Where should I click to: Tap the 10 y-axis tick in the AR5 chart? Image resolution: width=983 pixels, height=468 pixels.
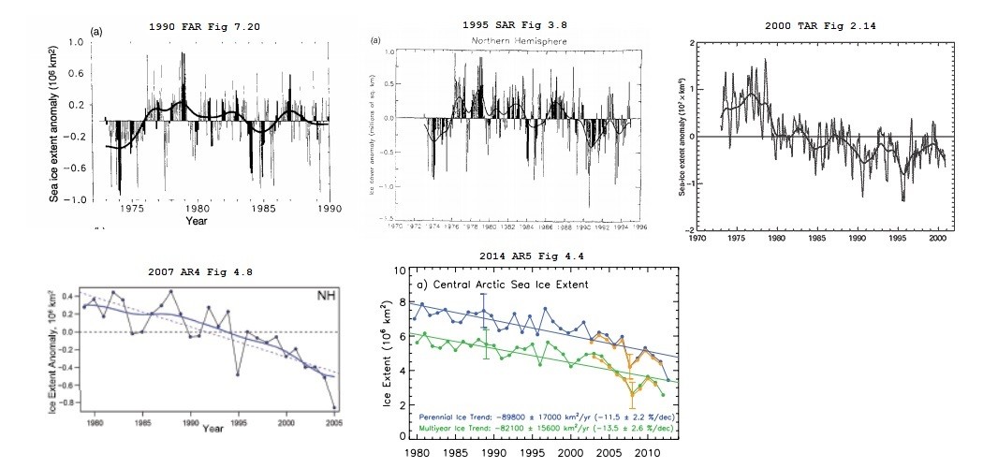click(400, 271)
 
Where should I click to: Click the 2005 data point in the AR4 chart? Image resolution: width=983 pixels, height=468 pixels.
click(333, 407)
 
